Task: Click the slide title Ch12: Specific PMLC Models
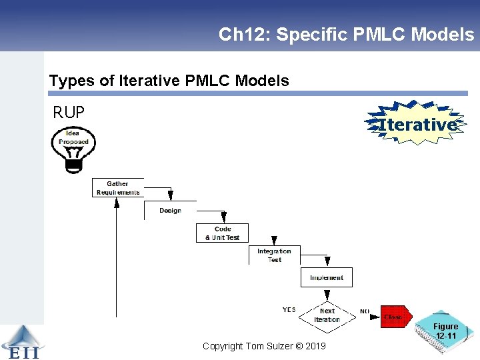click(346, 35)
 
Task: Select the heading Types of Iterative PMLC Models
click(169, 81)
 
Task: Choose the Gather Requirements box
click(118, 188)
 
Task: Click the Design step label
click(170, 211)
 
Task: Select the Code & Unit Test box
click(222, 233)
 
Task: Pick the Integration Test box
click(274, 255)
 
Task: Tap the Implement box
click(326, 277)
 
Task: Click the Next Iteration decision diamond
click(327, 315)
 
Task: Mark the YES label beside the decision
click(289, 309)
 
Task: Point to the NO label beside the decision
click(365, 311)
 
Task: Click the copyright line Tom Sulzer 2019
click(264, 346)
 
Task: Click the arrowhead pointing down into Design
click(171, 195)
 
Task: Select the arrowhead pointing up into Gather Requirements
click(117, 201)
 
